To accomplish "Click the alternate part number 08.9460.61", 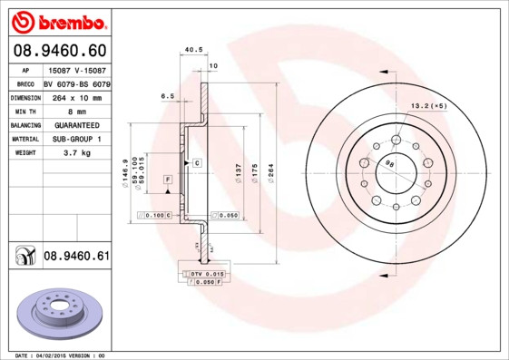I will tap(76, 257).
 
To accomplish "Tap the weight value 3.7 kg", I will tap(75, 154).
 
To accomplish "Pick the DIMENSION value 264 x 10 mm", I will tap(75, 96).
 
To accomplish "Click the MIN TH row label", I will tap(25, 111).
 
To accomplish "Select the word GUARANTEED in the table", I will tap(75, 125).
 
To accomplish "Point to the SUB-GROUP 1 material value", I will tap(75, 140).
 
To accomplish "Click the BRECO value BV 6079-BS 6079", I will tap(76, 82).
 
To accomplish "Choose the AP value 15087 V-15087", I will tap(75, 68).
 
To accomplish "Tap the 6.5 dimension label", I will tap(167, 95).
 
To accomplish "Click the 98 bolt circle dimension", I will tap(389, 164).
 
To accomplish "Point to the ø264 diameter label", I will tap(269, 171).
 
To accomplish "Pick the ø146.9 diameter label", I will tap(124, 171).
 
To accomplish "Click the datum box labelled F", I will tap(167, 181).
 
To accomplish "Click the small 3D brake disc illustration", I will tap(57, 313).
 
